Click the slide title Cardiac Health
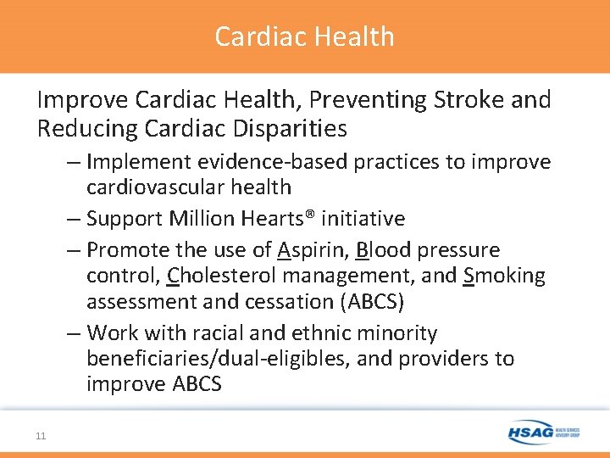304,36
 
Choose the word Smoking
505,276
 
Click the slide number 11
41,436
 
